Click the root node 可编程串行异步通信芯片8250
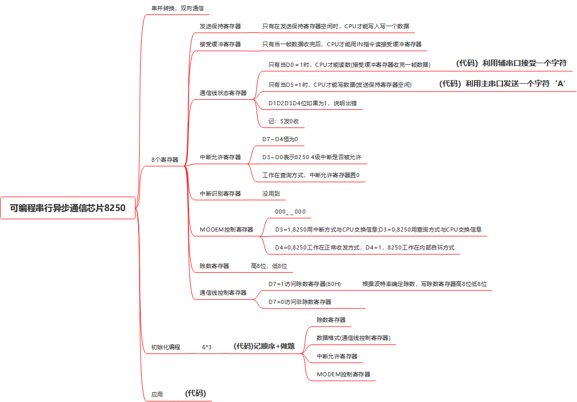click(x=68, y=208)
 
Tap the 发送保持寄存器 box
click(x=220, y=26)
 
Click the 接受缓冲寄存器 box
click(x=220, y=44)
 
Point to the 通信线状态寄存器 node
click(x=223, y=93)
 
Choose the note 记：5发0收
click(x=284, y=121)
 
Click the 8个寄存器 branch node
click(x=165, y=160)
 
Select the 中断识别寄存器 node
click(x=220, y=194)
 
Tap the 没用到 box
click(x=272, y=194)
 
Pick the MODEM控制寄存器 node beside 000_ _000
click(x=226, y=229)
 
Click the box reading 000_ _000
click(x=291, y=212)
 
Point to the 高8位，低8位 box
click(x=269, y=266)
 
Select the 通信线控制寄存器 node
click(x=223, y=293)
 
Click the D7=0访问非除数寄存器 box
click(x=300, y=302)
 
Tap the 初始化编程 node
click(x=165, y=347)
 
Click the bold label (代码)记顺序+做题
click(x=264, y=346)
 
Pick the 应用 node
click(x=157, y=394)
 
